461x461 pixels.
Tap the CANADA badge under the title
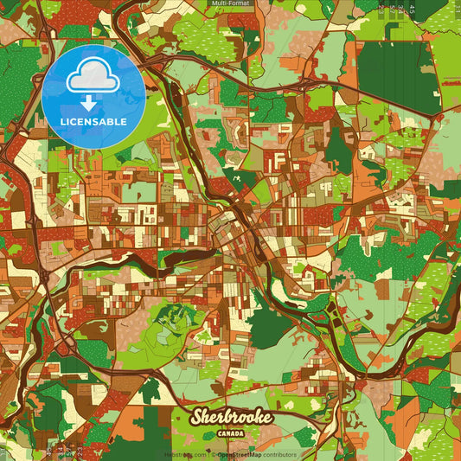[230, 433]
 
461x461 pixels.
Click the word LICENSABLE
[93, 121]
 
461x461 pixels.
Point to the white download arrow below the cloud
[93, 102]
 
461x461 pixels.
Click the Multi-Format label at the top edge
[230, 4]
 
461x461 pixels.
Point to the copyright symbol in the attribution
[212, 455]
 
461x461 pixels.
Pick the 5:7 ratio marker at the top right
[392, 10]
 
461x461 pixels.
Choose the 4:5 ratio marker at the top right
[413, 10]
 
